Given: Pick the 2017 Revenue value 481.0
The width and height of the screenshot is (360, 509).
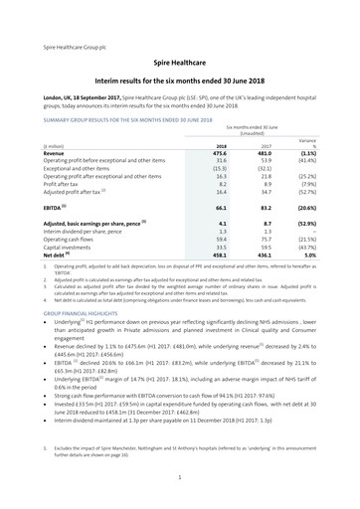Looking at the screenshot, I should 266,154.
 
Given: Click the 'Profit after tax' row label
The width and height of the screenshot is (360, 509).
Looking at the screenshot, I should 63,185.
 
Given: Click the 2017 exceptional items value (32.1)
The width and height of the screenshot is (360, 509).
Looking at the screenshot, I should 266,169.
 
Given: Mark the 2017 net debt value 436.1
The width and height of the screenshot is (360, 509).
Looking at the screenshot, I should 266,254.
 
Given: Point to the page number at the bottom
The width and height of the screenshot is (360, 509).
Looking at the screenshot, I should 180,477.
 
